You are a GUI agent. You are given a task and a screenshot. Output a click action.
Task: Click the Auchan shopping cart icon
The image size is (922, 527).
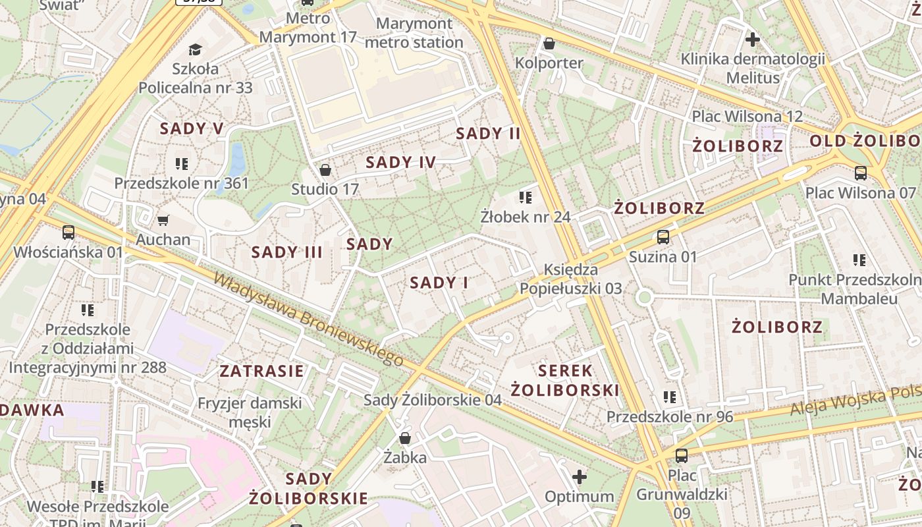click(163, 220)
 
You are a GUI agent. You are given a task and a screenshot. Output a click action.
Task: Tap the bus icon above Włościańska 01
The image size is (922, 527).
click(68, 232)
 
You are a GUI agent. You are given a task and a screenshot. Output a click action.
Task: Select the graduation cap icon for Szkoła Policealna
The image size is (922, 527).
click(195, 49)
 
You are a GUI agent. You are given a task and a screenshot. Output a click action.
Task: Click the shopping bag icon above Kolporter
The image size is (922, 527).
click(549, 43)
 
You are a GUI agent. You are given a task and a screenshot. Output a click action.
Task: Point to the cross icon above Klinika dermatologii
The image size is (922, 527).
click(752, 40)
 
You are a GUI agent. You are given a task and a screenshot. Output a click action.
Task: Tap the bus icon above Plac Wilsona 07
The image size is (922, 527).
click(860, 173)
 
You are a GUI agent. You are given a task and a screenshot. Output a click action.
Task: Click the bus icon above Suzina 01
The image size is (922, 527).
click(663, 237)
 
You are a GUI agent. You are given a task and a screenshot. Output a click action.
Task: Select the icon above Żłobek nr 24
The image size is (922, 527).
click(525, 197)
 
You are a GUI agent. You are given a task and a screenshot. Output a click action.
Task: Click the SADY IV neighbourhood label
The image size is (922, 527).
click(400, 162)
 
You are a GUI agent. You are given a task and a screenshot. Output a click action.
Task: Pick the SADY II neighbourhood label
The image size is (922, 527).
click(488, 134)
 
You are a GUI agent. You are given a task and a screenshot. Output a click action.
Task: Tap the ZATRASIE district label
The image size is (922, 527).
click(261, 371)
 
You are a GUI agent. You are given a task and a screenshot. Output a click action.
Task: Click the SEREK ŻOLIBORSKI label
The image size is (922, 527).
click(565, 380)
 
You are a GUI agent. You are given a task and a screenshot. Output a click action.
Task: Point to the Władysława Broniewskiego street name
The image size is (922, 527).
click(308, 319)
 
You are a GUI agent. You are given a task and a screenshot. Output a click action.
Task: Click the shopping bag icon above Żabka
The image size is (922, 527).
click(405, 438)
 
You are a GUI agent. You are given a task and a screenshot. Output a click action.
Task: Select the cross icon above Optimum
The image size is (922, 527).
click(580, 476)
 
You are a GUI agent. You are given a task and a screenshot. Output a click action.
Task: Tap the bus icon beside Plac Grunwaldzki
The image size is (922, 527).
click(682, 455)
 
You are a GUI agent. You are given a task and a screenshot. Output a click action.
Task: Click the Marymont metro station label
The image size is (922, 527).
click(414, 33)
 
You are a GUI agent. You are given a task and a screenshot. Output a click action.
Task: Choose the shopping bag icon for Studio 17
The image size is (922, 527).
click(325, 170)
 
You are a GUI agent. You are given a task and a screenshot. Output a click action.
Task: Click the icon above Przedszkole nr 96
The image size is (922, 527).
click(670, 397)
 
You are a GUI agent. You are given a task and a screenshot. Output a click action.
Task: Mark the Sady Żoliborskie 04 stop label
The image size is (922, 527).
click(433, 400)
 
